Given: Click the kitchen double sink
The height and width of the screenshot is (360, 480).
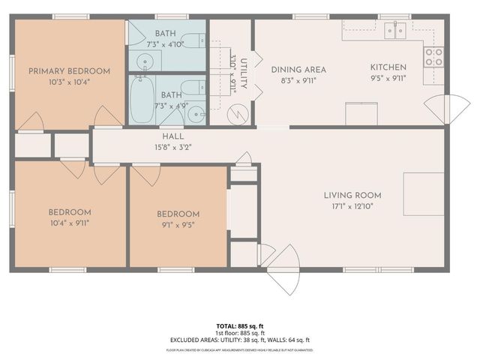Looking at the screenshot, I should point(394,30).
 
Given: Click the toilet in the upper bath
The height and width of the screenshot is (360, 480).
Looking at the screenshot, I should point(193,41).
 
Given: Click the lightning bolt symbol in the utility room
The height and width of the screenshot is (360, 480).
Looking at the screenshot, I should point(237,115).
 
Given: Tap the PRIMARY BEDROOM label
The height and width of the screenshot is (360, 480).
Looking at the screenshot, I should point(69,71).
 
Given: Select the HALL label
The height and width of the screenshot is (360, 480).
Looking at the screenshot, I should point(173,136).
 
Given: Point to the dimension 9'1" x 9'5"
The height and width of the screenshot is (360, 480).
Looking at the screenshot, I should point(178,223).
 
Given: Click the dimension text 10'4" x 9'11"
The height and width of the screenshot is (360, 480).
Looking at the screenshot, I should point(70,222).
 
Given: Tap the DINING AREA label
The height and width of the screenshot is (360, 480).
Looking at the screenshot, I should point(298,69).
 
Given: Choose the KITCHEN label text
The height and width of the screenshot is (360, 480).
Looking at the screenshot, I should point(388,67).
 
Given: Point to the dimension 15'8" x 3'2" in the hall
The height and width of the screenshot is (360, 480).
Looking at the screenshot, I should point(173,146).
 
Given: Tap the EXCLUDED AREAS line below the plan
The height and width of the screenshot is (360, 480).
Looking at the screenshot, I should point(239,340).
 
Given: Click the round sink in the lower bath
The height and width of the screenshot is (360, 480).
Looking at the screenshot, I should point(195,114).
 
